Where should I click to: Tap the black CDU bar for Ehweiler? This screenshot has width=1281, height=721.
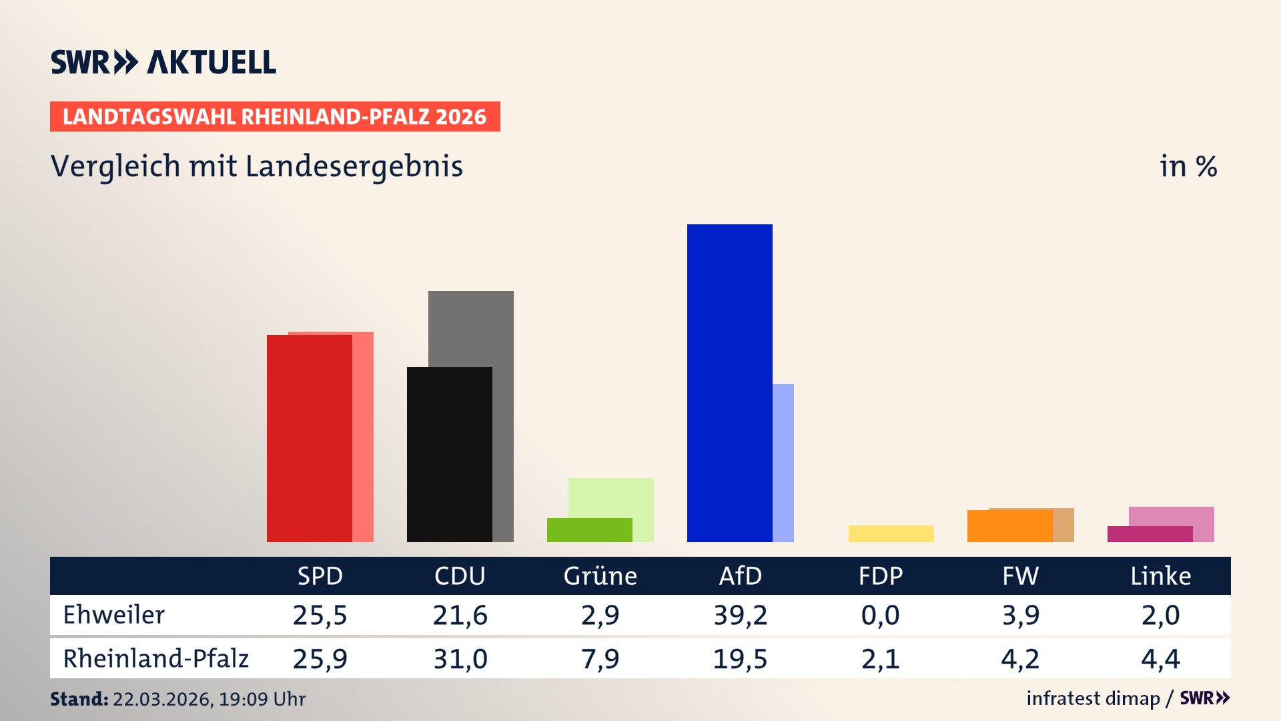449,454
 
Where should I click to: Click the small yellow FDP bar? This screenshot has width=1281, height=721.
891,533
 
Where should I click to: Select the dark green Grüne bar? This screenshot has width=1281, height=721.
589,530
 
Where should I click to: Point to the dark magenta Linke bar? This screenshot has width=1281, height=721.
1150,534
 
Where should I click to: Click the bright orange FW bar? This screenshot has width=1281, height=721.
1009,526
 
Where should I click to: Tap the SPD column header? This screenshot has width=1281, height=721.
320,575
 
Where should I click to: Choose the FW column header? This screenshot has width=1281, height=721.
1020,575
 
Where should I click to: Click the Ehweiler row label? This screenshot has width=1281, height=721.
113,615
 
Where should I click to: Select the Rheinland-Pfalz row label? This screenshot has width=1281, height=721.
155,659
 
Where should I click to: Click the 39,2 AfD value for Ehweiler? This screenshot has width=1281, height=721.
740,615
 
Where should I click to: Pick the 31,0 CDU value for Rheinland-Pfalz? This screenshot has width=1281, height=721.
460,659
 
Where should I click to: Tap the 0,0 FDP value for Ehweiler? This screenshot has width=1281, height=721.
880,615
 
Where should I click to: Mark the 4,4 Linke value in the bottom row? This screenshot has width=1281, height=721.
1160,659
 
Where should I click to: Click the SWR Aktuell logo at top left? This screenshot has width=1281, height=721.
163,62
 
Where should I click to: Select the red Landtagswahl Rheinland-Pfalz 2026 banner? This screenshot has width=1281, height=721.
275,117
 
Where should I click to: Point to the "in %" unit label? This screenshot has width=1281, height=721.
1188,166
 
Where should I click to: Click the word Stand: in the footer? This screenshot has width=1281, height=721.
79,699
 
